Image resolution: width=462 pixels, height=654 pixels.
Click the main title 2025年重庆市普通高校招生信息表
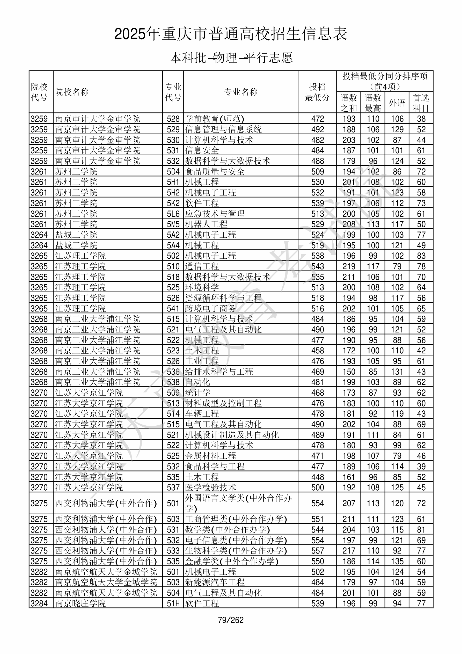click(231, 34)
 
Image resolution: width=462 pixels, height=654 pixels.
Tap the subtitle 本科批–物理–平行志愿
click(231, 58)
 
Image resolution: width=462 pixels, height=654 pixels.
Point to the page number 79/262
click(231, 620)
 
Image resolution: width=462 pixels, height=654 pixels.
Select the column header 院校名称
click(72, 92)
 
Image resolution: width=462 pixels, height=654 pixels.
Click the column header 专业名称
click(241, 92)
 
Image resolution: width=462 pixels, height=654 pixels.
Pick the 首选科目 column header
click(421, 103)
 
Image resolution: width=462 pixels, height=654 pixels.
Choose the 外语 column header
click(397, 103)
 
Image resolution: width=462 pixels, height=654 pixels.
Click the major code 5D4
click(173, 172)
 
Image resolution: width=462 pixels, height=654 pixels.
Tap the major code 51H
click(173, 604)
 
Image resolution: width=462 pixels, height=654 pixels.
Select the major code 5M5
click(173, 224)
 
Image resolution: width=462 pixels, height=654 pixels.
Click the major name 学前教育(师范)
click(215, 119)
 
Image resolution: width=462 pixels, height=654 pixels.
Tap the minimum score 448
click(318, 477)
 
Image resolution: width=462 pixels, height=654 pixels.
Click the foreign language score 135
click(397, 561)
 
